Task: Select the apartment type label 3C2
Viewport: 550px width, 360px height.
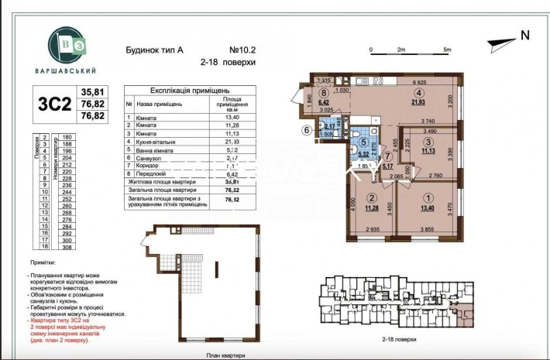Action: tap(54, 103)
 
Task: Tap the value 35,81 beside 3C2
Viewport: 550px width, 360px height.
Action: tap(93, 91)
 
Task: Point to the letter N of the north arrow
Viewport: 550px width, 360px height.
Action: tap(524, 34)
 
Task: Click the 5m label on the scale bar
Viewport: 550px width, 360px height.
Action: tap(447, 49)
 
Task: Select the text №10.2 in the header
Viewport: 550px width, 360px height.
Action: tap(245, 49)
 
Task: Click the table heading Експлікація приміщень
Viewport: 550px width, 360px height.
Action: tap(192, 91)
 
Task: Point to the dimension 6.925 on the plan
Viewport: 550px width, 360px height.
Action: tap(421, 81)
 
